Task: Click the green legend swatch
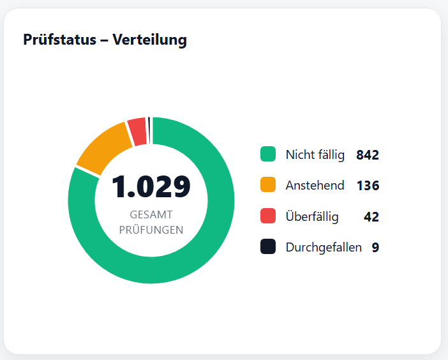(268, 154)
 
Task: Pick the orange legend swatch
(268, 185)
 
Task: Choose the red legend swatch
(268, 216)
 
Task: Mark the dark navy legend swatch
(268, 247)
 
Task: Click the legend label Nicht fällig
(315, 154)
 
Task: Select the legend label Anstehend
(315, 186)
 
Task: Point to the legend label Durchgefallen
(324, 248)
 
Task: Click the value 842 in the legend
(368, 155)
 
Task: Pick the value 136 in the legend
(368, 186)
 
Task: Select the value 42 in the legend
(371, 217)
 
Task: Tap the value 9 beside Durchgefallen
(375, 248)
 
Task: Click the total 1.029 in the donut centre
(151, 187)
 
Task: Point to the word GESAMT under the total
(151, 215)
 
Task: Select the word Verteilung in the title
(149, 40)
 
